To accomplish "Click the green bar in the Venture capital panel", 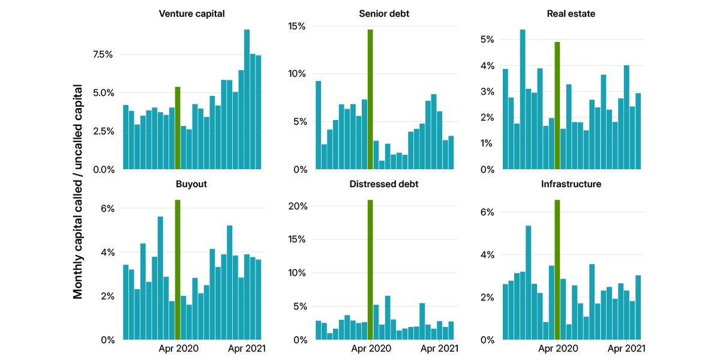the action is [178, 128].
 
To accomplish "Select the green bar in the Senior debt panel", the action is [370, 100].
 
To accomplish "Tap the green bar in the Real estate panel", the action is [557, 106].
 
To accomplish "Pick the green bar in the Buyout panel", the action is [178, 269].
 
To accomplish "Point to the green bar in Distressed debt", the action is [370, 269].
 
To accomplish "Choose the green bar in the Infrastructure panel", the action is [557, 269].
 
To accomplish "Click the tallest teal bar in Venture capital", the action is [247, 100].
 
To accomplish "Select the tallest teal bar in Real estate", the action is [523, 100].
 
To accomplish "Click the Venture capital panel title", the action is [191, 14].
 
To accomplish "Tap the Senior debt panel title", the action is [384, 14].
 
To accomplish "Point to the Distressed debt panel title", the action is [384, 184].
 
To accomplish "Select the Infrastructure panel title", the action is [571, 184].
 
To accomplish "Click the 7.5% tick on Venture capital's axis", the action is [103, 55].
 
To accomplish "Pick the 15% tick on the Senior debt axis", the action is [296, 26].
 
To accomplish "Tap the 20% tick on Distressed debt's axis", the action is [298, 206].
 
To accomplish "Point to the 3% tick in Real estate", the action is [487, 92].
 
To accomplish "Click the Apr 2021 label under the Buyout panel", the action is [247, 349].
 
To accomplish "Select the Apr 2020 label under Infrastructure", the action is [558, 349].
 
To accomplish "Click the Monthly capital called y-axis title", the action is [78, 191].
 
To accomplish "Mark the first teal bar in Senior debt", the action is [318, 125].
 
